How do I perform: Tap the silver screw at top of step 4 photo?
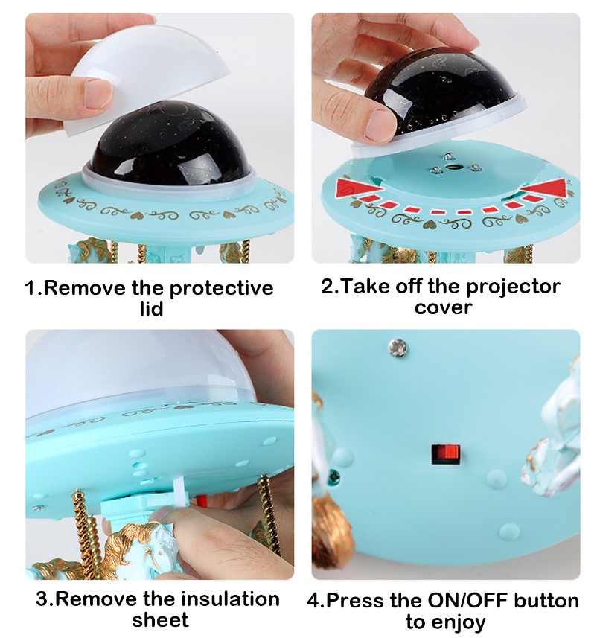point(398,346)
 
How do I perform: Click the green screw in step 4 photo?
point(333,474)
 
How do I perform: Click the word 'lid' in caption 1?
point(151,309)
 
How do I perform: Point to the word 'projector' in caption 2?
point(513,287)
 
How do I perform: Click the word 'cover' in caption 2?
point(444,308)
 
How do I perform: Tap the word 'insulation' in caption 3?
point(230,599)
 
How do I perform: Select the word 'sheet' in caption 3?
point(160,620)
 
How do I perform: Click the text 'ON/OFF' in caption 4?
point(467,600)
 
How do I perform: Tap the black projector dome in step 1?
point(163,144)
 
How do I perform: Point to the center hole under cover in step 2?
point(450,167)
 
